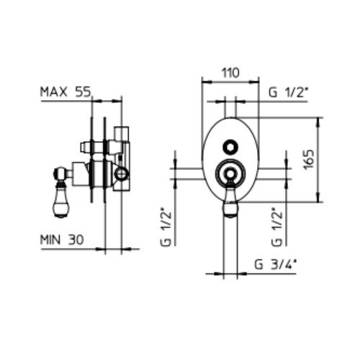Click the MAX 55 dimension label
click(x=66, y=92)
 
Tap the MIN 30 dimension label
click(x=62, y=239)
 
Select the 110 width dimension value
click(x=230, y=73)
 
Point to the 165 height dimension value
click(x=309, y=160)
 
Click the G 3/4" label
click(x=275, y=265)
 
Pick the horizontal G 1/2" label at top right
click(x=288, y=92)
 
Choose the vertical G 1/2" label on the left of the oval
click(x=166, y=229)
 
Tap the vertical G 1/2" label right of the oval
click(x=276, y=229)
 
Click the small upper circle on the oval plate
click(x=230, y=147)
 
